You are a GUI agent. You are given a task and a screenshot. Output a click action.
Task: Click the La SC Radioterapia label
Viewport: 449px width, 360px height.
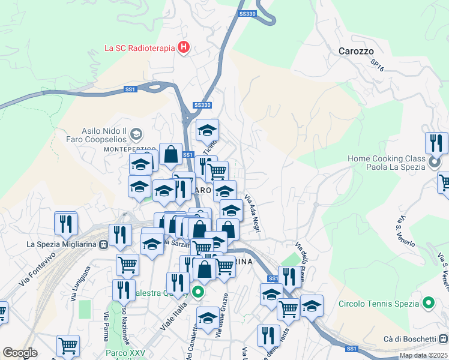tap(139, 48)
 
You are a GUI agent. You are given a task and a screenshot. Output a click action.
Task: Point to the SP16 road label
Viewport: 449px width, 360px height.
tap(377, 65)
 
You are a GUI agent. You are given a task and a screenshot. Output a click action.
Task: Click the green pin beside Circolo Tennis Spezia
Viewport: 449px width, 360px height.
tap(428, 303)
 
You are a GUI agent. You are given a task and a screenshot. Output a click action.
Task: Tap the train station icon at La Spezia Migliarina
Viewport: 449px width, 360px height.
tap(104, 244)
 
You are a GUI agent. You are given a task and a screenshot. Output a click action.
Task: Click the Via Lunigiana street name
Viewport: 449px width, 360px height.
tap(80, 280)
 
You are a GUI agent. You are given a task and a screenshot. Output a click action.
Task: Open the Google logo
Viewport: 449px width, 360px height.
tap(20, 353)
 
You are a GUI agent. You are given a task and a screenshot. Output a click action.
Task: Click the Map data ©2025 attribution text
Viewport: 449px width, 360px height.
tap(423, 355)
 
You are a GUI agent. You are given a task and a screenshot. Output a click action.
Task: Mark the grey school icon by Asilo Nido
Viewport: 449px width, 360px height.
tap(136, 133)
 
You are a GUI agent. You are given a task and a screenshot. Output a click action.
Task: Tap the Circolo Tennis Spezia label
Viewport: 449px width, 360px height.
tap(379, 303)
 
